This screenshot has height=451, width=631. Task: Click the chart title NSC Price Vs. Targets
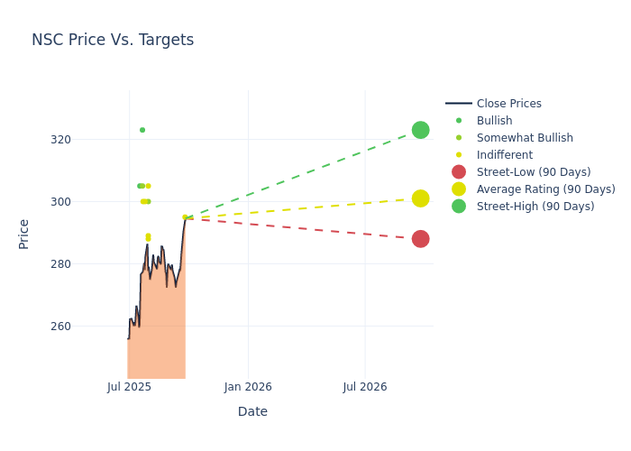pos(113,40)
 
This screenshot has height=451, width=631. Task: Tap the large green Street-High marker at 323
pos(420,130)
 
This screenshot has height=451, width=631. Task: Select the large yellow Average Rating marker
pos(420,198)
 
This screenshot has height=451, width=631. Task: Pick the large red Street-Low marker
pos(420,239)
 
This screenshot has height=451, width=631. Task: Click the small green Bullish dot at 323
pos(142,130)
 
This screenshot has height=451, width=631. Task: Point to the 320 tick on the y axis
pos(86,140)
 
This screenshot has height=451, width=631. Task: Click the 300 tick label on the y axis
pos(86,202)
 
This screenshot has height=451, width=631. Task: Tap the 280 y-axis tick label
pos(86,264)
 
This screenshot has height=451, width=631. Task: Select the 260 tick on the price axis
pos(86,327)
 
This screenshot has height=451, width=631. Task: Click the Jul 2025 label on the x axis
pos(129,387)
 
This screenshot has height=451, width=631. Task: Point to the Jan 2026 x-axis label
pos(248,387)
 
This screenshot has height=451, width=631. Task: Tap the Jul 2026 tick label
pos(365,387)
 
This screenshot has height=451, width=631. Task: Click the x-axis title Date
pos(252,412)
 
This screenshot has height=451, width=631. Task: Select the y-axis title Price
pos(24,234)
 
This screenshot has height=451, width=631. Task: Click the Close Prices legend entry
pos(508,104)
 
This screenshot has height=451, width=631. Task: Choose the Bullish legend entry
pos(494,121)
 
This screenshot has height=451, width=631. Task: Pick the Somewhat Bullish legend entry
pos(525,138)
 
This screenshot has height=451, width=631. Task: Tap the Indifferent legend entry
pos(504,155)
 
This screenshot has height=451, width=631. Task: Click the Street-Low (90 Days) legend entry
pos(534,172)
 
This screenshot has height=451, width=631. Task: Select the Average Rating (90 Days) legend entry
pos(545,189)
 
